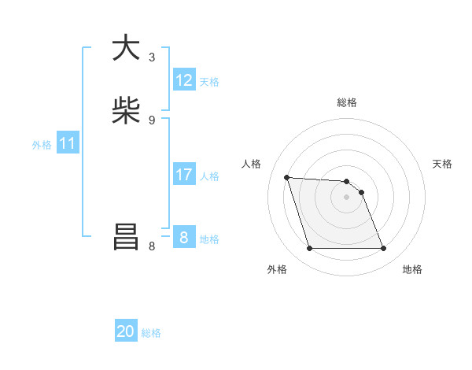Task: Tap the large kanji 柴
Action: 126,111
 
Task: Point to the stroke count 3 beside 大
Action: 152,57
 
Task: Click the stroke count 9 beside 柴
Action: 152,120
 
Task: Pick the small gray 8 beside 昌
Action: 152,246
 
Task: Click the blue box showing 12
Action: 184,80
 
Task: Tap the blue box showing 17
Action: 184,175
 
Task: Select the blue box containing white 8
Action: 184,238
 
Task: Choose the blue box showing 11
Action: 68,144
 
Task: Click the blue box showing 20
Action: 126,332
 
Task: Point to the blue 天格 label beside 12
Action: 209,82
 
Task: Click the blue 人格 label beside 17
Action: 209,176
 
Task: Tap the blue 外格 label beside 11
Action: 42,145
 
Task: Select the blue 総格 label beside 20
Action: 151,333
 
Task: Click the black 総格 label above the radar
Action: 347,102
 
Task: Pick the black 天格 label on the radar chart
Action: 442,164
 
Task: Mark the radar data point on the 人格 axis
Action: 287,177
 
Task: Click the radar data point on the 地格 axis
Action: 383,249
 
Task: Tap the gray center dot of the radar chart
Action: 347,197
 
